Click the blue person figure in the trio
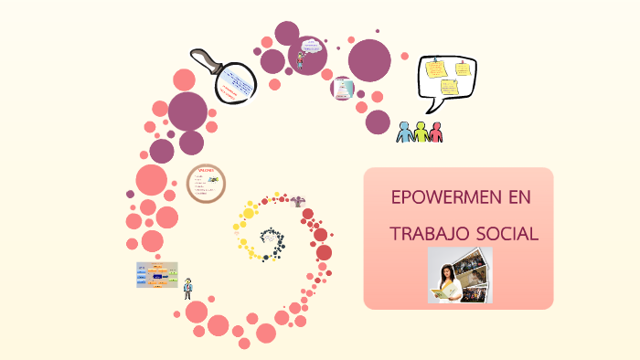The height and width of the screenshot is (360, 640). [x=405, y=132]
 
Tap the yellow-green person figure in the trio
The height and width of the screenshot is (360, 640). [x=421, y=132]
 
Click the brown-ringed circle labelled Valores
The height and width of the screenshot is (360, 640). [x=206, y=184]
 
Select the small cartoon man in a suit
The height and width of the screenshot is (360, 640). [x=187, y=287]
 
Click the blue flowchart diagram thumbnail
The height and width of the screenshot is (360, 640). [x=156, y=275]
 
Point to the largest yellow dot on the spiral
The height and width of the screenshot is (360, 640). [x=248, y=214]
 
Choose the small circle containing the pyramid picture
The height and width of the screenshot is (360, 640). [x=343, y=89]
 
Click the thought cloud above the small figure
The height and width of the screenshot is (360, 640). [x=311, y=45]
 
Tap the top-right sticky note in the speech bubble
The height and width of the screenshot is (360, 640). [x=463, y=68]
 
